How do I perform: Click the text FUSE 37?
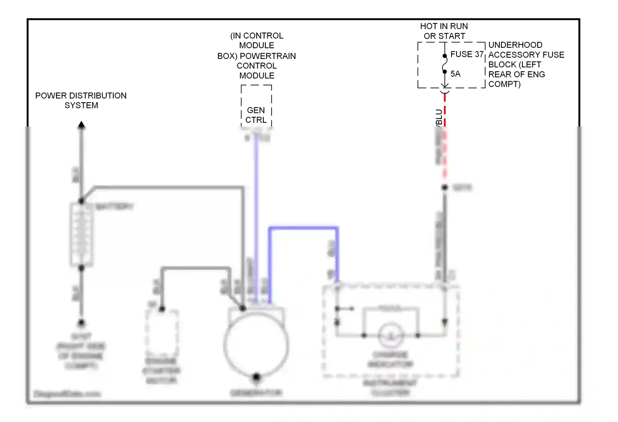pyautogui.click(x=466, y=54)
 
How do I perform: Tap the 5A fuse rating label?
pyautogui.click(x=455, y=74)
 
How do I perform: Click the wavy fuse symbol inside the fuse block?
pyautogui.click(x=445, y=64)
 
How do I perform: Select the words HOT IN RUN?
pyautogui.click(x=444, y=26)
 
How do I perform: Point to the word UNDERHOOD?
pyautogui.click(x=515, y=45)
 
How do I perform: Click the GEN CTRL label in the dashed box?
pyautogui.click(x=256, y=115)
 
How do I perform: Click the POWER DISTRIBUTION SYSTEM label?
pyautogui.click(x=81, y=100)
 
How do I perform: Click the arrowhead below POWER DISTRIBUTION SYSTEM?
pyautogui.click(x=82, y=124)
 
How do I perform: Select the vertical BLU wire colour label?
pyautogui.click(x=439, y=117)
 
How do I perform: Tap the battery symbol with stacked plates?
pyautogui.click(x=82, y=234)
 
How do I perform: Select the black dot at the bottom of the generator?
pyautogui.click(x=256, y=377)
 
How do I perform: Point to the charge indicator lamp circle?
pyautogui.click(x=391, y=335)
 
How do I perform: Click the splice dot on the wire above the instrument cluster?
pyautogui.click(x=445, y=188)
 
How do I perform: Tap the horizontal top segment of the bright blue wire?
pyautogui.click(x=303, y=227)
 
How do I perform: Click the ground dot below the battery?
pyautogui.click(x=82, y=323)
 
